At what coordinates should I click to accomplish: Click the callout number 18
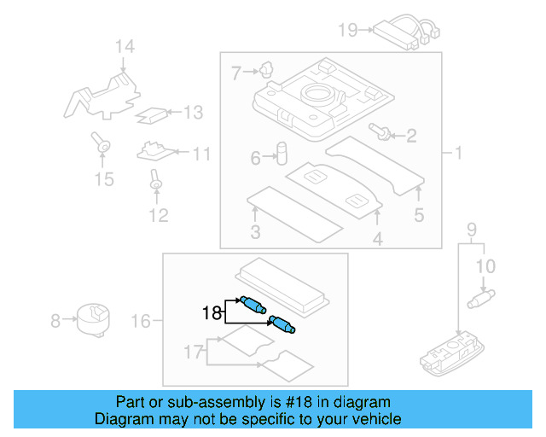point(212,312)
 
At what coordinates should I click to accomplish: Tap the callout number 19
point(347,31)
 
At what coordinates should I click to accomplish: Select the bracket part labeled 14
point(101,95)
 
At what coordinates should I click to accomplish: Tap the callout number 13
point(194,112)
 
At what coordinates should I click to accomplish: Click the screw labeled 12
point(156,180)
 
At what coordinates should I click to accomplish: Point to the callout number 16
point(141,321)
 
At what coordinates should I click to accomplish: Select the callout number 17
point(195,351)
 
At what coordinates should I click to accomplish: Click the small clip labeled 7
point(267,68)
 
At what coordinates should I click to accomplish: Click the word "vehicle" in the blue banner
point(375,419)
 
